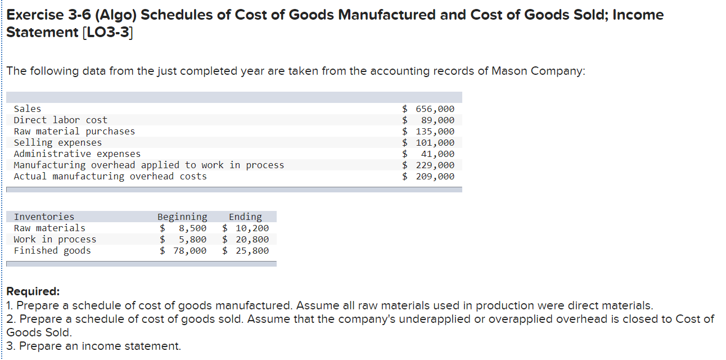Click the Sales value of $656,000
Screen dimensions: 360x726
point(435,109)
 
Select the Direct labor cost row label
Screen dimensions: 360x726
point(60,120)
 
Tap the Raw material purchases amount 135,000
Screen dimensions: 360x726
point(435,132)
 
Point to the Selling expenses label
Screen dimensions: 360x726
point(58,143)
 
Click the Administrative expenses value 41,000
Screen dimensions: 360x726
point(438,154)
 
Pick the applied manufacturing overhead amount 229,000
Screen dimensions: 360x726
point(435,165)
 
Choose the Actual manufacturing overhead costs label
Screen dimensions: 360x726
point(110,177)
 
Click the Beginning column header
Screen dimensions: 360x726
point(182,217)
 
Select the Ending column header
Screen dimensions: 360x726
point(245,217)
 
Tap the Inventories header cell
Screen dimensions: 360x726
point(44,217)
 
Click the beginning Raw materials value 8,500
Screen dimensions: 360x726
point(192,228)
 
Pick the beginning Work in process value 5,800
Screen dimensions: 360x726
point(192,240)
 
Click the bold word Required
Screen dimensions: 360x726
point(32,292)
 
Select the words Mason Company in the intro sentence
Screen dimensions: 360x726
point(537,71)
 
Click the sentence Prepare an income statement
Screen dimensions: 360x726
point(100,346)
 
